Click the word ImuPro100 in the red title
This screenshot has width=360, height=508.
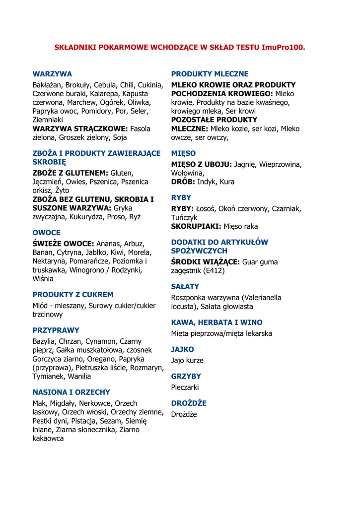283,48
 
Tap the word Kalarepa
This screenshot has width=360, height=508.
106,94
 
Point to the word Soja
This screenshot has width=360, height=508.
120,137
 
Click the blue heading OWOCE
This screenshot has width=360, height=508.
46,232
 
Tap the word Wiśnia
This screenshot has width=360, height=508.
43,278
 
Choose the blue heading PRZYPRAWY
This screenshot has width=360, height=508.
56,330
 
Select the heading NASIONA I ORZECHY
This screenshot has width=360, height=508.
71,392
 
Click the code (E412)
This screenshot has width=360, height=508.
213,270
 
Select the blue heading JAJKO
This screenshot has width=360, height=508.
182,349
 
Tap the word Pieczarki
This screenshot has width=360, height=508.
185,387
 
